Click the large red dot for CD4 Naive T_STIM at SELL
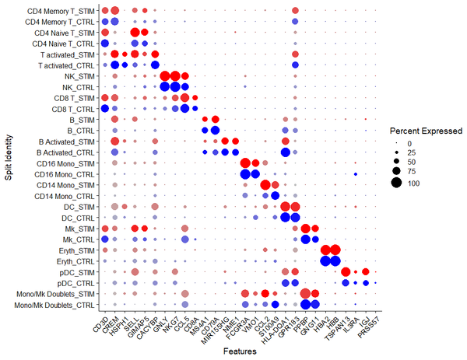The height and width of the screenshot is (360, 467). [135, 33]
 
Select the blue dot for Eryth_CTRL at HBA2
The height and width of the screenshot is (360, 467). [325, 260]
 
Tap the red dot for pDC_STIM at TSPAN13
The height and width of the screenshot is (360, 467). [346, 271]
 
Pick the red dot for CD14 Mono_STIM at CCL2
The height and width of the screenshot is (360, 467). [265, 184]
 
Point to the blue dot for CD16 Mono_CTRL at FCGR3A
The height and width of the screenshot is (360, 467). [246, 174]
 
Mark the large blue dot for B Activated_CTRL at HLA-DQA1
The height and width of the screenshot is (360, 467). [286, 152]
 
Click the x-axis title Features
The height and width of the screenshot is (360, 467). [241, 352]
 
